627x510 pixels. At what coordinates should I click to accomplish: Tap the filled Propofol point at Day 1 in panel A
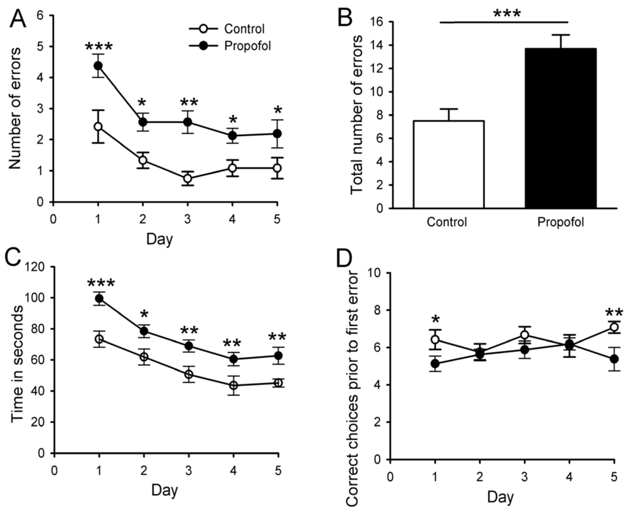point(98,66)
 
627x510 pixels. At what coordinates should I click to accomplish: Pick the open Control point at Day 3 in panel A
point(187,178)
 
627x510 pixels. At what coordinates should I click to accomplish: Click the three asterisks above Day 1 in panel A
point(98,47)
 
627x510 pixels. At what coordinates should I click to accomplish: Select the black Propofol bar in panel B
point(560,128)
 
